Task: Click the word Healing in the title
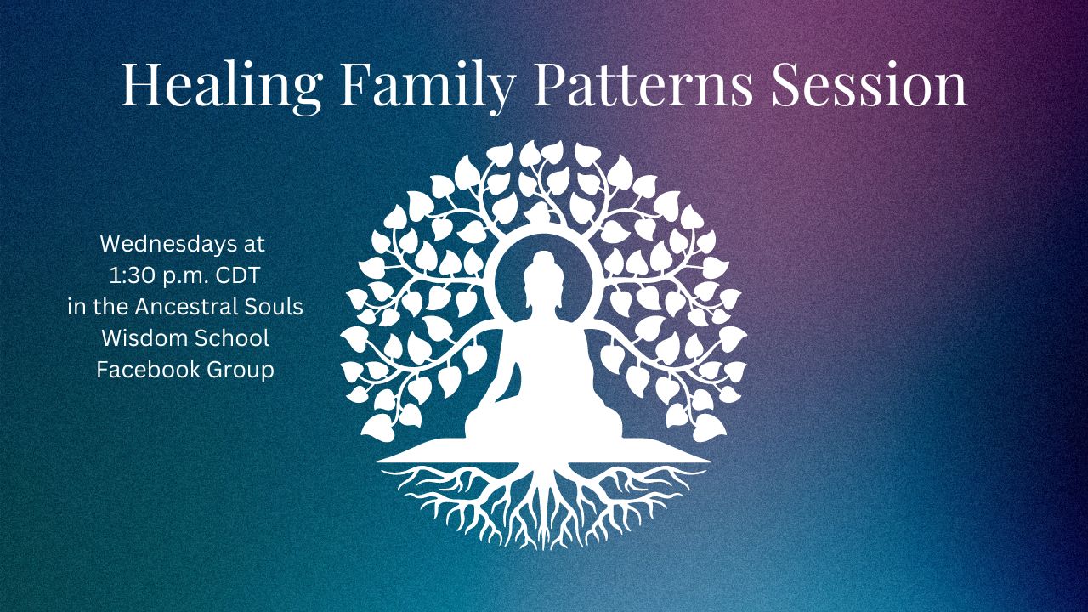[x=222, y=86]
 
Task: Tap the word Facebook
[x=148, y=370]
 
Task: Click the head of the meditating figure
[x=543, y=280]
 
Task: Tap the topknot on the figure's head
[x=543, y=257]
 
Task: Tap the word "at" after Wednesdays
[x=254, y=244]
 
